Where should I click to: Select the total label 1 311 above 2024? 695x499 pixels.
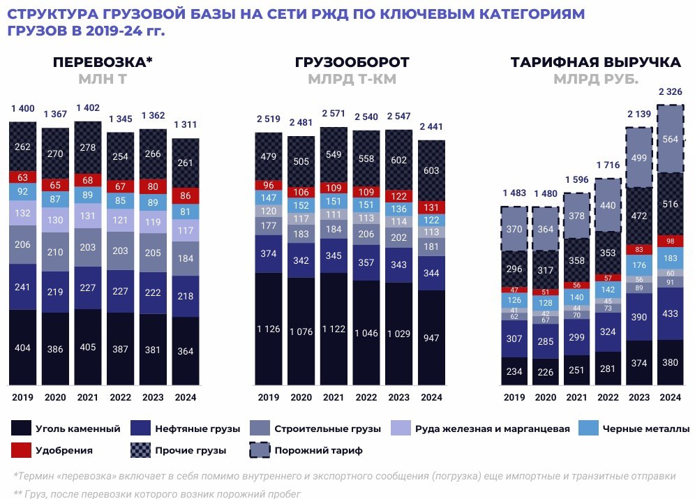point(185,125)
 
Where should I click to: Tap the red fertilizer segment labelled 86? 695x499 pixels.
point(185,195)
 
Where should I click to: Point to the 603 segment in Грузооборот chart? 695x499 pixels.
point(431,171)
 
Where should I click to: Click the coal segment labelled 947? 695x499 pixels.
point(431,338)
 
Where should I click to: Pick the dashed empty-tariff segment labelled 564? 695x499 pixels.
point(670,138)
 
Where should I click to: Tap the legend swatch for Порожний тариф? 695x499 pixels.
point(260,450)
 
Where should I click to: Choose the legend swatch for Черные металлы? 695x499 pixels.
point(592,428)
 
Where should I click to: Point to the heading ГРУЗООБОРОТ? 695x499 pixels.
point(352,62)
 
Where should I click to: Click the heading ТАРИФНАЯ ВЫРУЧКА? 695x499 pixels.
point(595,62)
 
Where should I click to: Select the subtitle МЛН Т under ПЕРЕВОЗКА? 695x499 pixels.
point(103,79)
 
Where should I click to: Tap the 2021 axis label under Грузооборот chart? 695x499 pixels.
point(334,397)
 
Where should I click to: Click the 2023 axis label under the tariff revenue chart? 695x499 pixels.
point(639,397)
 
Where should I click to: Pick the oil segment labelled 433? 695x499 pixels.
point(670,314)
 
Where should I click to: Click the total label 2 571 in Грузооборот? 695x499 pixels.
point(334,113)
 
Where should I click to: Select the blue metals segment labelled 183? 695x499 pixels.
point(670,259)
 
